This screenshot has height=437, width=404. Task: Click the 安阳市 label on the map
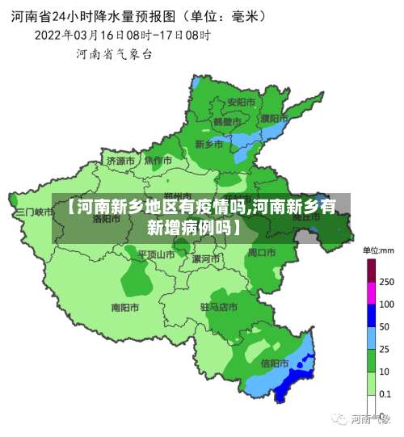pyautogui.click(x=241, y=103)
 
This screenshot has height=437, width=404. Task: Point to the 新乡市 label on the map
pyautogui.click(x=209, y=145)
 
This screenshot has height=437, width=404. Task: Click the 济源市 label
pyautogui.click(x=121, y=161)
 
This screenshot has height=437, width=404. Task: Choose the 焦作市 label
pyautogui.click(x=158, y=161)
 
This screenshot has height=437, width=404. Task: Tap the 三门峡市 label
pyautogui.click(x=33, y=212)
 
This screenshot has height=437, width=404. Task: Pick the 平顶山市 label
pyautogui.click(x=156, y=254)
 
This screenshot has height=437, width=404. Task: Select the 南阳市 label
pyautogui.click(x=125, y=307)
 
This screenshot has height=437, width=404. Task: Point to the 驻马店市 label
pyautogui.click(x=219, y=307)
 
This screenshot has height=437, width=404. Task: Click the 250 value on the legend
pyautogui.click(x=386, y=282)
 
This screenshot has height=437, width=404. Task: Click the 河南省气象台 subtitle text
pyautogui.click(x=114, y=54)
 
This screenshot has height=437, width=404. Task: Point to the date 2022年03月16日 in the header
pyautogui.click(x=78, y=35)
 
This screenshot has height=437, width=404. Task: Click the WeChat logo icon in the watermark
pyautogui.click(x=338, y=419)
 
